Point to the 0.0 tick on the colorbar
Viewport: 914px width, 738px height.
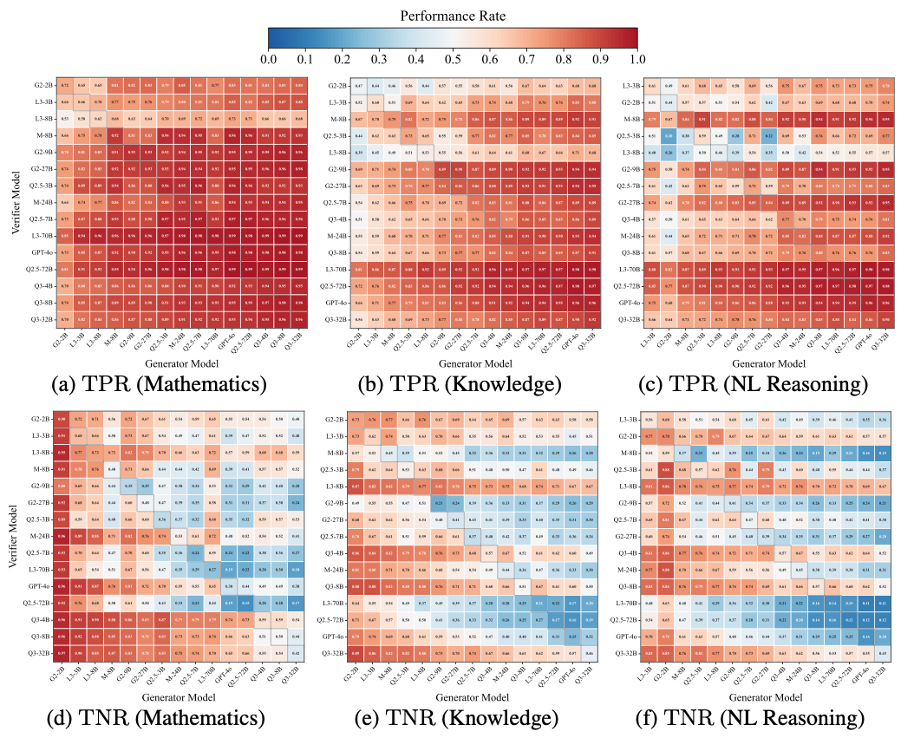[x=269, y=59]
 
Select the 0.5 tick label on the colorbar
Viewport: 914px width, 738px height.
[x=453, y=59]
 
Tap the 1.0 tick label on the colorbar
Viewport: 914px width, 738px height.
[x=637, y=59]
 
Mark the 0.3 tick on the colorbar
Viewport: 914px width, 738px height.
[x=379, y=59]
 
